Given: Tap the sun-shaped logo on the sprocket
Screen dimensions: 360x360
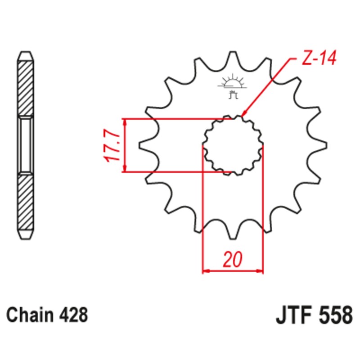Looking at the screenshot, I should [232, 82].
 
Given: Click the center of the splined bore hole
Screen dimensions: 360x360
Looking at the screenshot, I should [233, 145].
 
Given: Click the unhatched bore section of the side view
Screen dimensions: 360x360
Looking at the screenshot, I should [25, 145].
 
